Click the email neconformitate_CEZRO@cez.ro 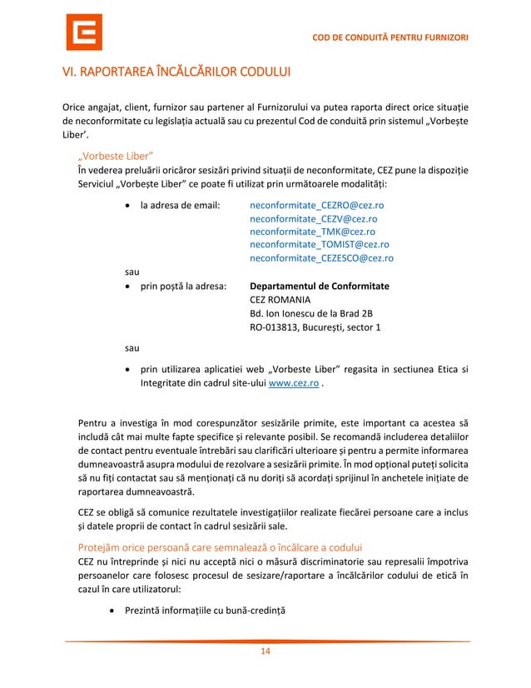[x=317, y=205]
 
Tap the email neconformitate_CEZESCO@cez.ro [x=321, y=258]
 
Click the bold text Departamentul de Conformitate [x=320, y=287]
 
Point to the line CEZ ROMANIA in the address [x=280, y=300]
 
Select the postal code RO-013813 [x=275, y=327]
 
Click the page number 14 [x=266, y=651]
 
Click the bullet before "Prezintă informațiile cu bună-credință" [x=112, y=611]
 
